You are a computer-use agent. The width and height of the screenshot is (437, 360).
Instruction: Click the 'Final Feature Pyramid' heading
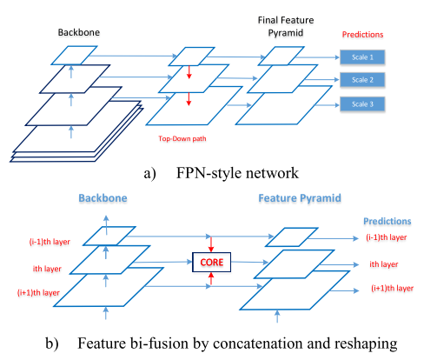281,24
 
